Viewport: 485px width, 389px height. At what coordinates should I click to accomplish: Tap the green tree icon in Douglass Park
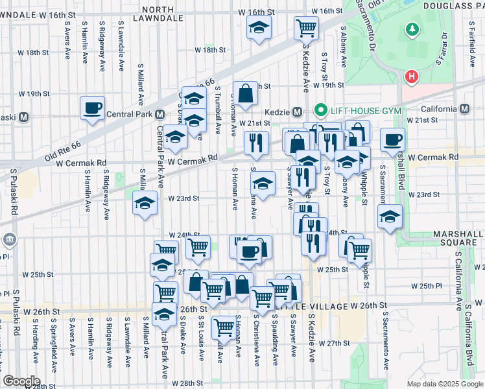410,30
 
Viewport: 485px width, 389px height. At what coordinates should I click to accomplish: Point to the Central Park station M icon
160,114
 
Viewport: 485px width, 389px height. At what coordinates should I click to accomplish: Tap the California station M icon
465,109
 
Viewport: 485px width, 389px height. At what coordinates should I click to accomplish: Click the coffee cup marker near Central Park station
92,108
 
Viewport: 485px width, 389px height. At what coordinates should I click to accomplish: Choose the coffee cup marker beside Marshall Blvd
392,139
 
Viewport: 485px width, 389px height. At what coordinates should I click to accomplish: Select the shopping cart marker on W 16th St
306,28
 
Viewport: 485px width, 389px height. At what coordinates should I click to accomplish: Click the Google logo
21,381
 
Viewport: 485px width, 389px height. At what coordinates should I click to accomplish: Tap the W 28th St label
192,383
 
